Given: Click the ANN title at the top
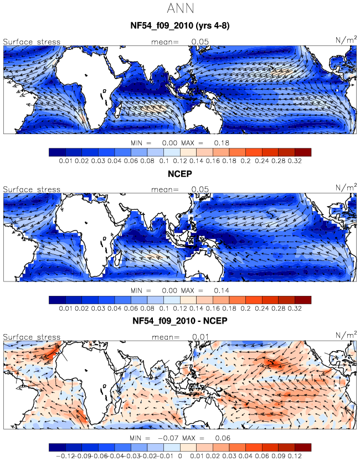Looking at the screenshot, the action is click(181, 8).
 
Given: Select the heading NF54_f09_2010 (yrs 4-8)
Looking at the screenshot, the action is click(180, 25).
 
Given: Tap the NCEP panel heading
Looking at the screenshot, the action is click(180, 174).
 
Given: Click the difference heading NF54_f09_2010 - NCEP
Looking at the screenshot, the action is click(180, 320).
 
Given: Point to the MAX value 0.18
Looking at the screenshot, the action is click(222, 143).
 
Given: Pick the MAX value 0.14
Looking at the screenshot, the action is click(222, 291).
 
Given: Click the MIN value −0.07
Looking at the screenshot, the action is click(168, 438).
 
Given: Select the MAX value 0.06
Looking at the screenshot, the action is click(223, 438).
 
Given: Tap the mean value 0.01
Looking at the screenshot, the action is click(200, 337).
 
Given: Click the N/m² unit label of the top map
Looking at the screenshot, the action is click(346, 40).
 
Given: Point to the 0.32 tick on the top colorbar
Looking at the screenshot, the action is click(295, 161).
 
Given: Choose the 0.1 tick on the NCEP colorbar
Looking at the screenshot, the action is click(164, 309).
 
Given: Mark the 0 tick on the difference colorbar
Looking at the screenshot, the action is click(180, 456).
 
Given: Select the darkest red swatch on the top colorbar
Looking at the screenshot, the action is click(303, 152).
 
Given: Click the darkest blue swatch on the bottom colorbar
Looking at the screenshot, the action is click(57, 448).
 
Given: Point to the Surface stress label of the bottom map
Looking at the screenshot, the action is click(32, 337).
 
